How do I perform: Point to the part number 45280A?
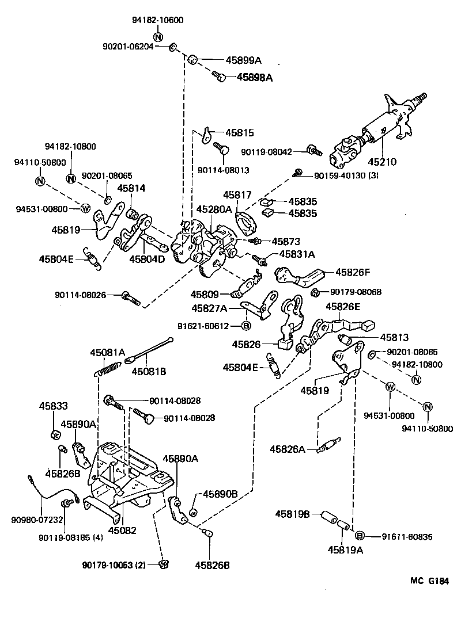point(213,209)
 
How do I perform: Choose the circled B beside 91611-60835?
point(360,536)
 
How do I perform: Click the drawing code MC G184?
point(429,582)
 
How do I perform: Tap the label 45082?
point(123,530)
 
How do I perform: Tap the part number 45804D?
point(146,259)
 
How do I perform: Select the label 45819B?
point(293,513)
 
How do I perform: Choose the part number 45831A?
point(297,254)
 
